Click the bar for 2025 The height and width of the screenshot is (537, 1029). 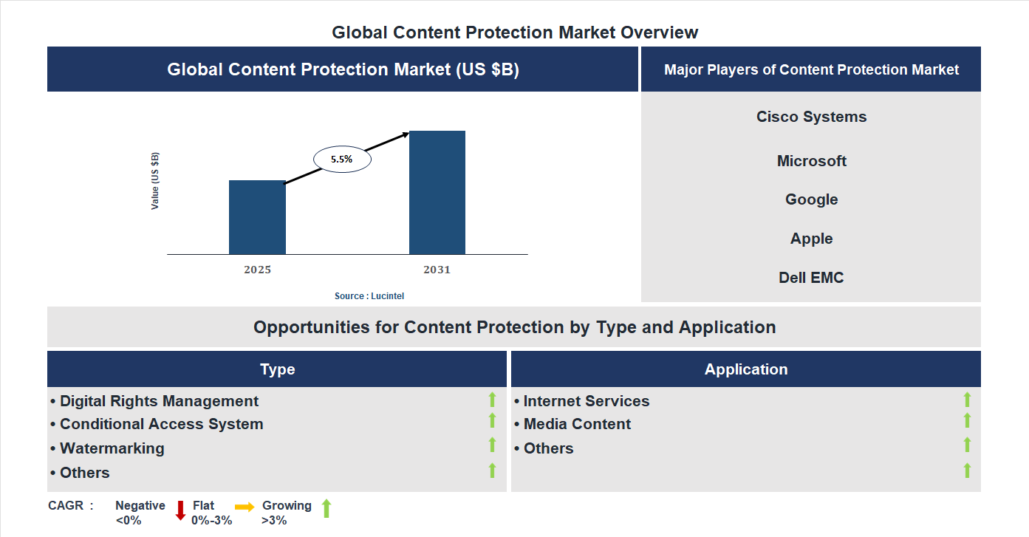point(257,217)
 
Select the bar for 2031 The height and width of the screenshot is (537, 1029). point(437,193)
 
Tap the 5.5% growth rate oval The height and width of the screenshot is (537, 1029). point(342,159)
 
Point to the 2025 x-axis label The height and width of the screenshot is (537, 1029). point(257,270)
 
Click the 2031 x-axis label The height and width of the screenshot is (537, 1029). point(437,270)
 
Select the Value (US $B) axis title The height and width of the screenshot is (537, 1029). point(155,181)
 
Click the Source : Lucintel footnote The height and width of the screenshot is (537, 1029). point(369,296)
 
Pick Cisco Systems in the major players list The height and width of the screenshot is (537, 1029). point(811,117)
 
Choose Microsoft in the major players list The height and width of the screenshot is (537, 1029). point(811,161)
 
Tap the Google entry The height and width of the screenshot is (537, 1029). point(811,199)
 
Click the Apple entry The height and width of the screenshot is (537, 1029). point(811,239)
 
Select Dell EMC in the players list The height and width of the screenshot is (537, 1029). point(811,278)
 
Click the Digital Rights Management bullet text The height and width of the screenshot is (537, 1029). point(159,401)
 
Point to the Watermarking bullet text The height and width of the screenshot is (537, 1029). point(112,448)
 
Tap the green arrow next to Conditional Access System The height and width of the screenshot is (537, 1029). point(492,420)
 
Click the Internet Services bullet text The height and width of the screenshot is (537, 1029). point(586,401)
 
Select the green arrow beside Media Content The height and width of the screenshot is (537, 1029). point(967,420)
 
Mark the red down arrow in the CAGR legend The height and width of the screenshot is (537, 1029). point(180,510)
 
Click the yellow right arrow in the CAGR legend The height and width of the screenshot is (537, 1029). point(245,507)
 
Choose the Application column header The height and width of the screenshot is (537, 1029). point(745,369)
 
